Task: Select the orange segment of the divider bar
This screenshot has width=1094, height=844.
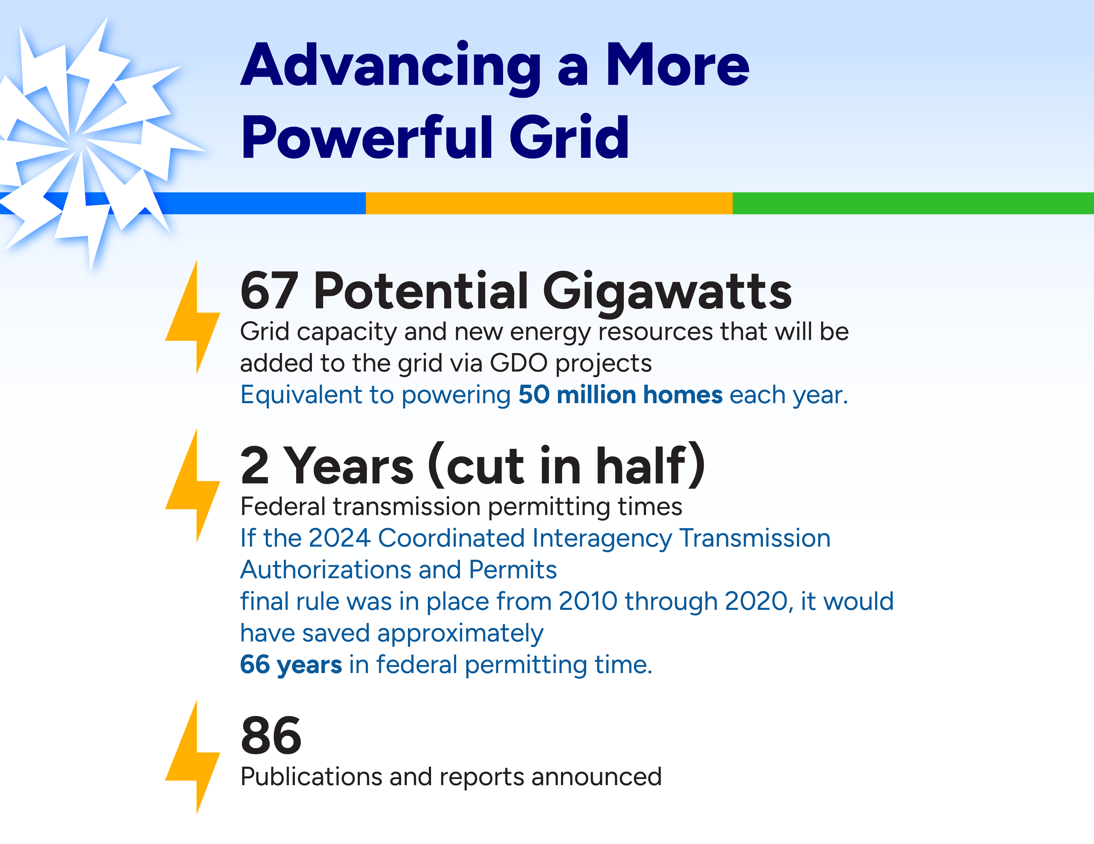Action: [549, 203]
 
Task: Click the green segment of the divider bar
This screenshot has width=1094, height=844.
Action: [913, 203]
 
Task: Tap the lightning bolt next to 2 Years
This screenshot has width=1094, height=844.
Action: [193, 486]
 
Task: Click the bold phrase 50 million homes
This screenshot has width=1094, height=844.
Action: [620, 395]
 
